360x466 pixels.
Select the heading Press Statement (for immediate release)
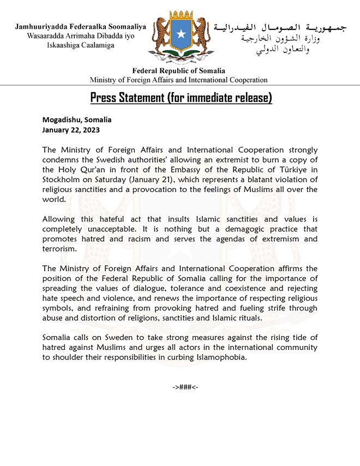181,98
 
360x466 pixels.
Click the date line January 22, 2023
71,130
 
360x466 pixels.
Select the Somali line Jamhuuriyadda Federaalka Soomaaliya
81,27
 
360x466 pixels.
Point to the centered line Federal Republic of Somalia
179,71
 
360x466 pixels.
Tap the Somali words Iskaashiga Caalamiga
81,45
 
